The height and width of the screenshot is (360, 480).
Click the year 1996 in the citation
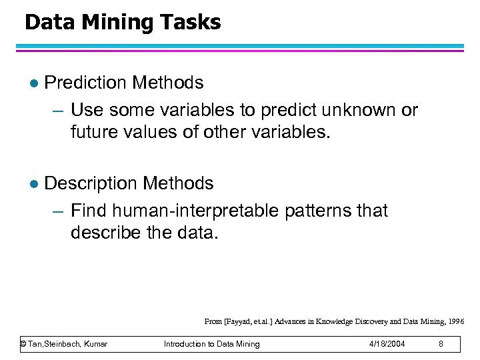coord(457,321)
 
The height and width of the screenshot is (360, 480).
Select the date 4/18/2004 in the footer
coord(386,344)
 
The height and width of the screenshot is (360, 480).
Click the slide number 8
coord(441,344)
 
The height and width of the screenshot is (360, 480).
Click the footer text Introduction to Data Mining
coord(212,344)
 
